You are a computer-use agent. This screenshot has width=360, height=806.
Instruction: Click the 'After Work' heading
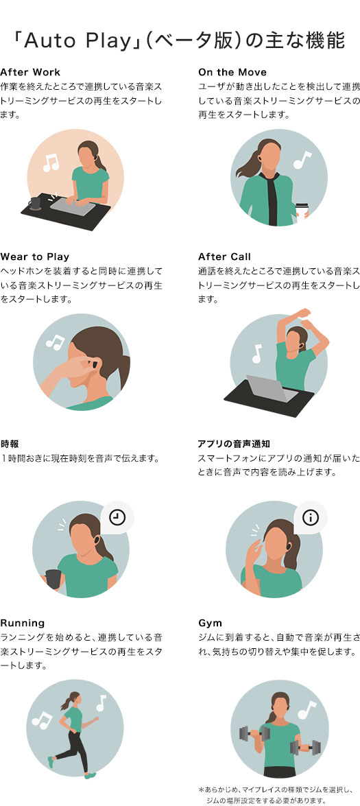click(x=30, y=72)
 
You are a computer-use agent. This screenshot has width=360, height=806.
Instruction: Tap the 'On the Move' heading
click(x=232, y=72)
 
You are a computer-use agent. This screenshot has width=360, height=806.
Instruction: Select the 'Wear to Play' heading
click(x=35, y=257)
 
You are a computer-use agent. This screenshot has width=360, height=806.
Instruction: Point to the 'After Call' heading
click(x=224, y=257)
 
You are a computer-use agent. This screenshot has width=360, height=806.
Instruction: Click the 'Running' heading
click(x=23, y=624)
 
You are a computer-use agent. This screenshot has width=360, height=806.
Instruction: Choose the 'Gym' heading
click(x=210, y=624)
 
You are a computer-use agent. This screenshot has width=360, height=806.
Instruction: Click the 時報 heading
click(x=10, y=444)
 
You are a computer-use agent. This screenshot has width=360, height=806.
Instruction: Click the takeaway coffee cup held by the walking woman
click(x=302, y=210)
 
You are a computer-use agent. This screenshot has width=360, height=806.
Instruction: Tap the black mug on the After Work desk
click(x=36, y=204)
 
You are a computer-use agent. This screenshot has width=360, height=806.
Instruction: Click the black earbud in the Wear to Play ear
click(x=93, y=366)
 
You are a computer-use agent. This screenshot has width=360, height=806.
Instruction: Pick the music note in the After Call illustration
click(x=256, y=354)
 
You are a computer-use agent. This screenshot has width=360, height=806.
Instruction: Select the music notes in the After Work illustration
click(x=51, y=163)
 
